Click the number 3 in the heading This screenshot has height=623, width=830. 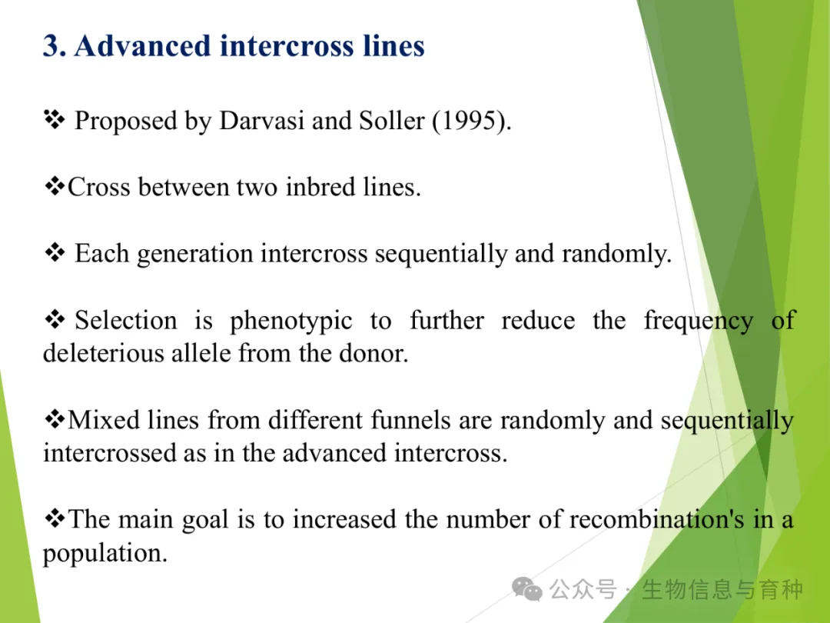pos(51,46)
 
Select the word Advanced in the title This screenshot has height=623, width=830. pos(143,45)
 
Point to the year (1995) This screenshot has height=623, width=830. pos(470,122)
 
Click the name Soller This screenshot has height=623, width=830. pos(392,121)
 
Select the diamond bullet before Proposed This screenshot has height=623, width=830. pos(55,120)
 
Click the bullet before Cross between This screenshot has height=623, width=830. pos(55,186)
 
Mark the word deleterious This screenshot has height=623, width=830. pos(103,353)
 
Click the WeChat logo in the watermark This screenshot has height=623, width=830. pos(526,589)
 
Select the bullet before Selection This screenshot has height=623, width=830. pos(55,319)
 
